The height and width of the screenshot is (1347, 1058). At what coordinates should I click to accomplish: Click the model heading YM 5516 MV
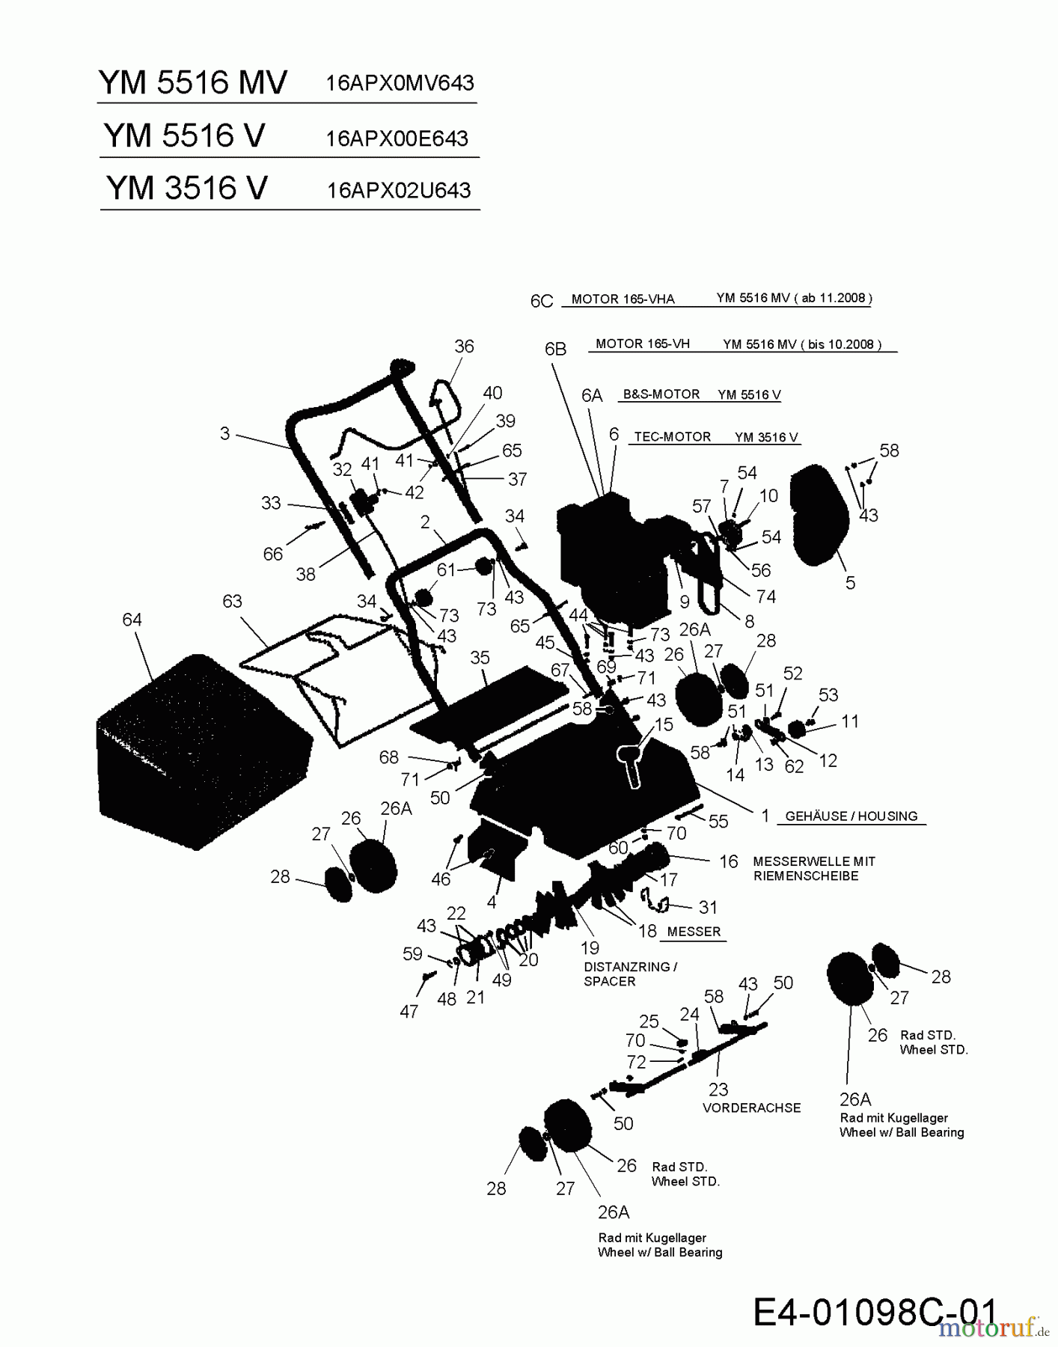coord(192,82)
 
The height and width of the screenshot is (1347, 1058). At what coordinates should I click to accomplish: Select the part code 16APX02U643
coord(398,190)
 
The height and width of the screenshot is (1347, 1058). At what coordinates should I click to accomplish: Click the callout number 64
coord(132,620)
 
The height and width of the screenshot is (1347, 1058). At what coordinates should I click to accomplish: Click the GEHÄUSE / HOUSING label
coord(851,816)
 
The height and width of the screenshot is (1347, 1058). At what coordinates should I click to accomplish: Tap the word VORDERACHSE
coord(751,1108)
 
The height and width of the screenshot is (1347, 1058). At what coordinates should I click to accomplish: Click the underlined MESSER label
coord(694,932)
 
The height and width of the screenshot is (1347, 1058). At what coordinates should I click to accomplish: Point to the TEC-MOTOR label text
coord(672,437)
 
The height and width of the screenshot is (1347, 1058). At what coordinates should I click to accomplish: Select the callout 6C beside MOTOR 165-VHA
coord(541,301)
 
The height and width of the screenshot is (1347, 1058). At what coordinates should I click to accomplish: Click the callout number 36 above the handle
coord(464,346)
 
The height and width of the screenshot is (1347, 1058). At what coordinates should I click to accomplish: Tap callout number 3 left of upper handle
coord(224,433)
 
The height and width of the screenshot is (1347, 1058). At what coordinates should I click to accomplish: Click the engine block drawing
coord(610,558)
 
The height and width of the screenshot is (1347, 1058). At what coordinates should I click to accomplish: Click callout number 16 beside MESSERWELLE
coord(729,861)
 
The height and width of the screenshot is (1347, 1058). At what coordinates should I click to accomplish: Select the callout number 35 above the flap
coord(480,657)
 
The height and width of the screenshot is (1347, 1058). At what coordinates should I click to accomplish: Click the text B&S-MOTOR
coord(661,394)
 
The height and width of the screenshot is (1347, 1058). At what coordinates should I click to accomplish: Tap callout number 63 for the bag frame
coord(232,601)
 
